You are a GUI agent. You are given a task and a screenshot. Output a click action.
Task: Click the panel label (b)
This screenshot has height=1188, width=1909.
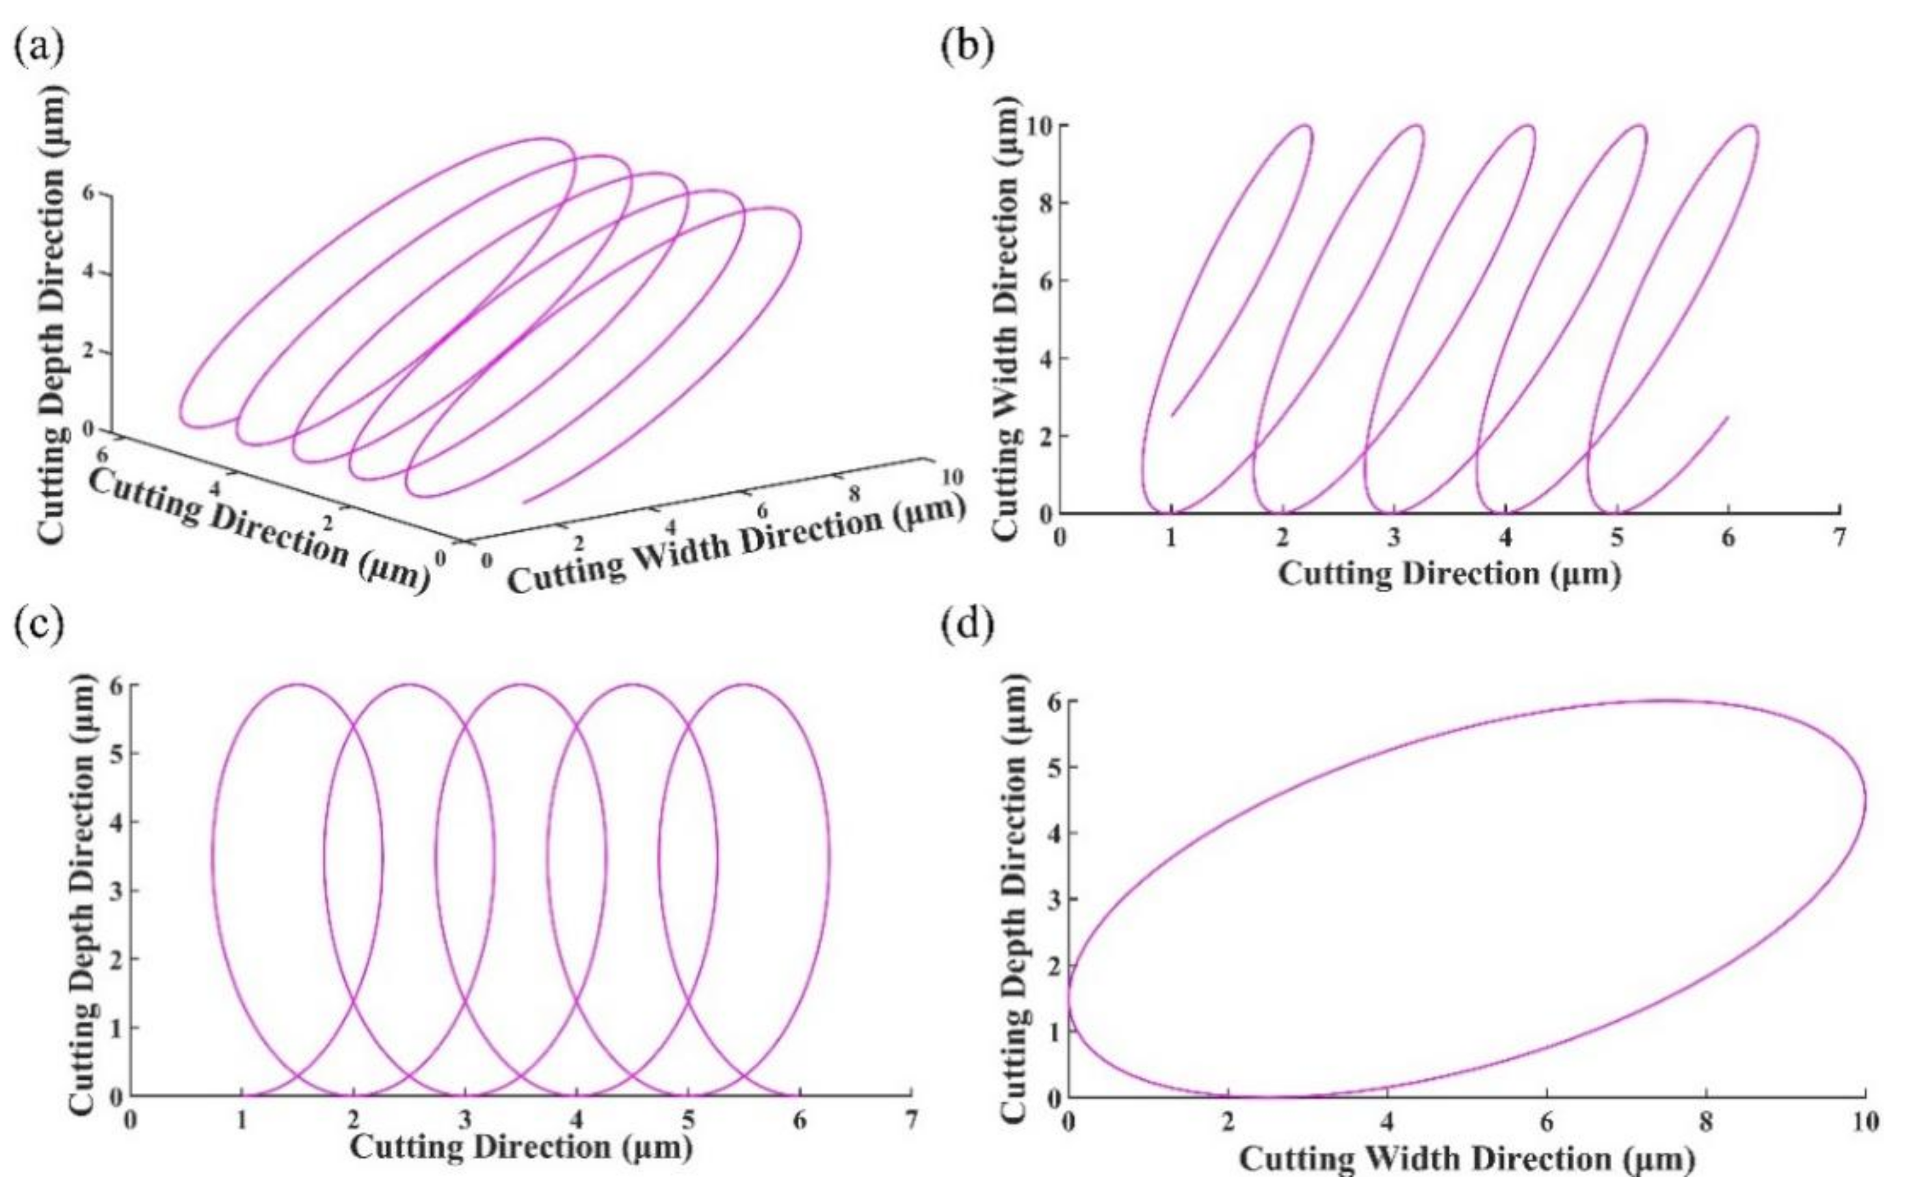(967, 49)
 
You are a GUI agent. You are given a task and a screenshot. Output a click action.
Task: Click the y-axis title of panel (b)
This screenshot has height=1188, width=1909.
(1008, 318)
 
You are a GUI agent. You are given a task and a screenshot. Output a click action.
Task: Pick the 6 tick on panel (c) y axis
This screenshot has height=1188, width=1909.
(116, 685)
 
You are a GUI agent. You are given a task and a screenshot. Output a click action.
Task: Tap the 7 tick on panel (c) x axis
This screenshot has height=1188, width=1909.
(912, 1120)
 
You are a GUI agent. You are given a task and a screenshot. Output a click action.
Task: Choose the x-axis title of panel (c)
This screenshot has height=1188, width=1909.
(521, 1148)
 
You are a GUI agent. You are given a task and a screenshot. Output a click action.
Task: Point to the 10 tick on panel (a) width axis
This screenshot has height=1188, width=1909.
(951, 477)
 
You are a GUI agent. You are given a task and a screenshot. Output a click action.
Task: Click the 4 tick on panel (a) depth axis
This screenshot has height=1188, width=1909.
(86, 274)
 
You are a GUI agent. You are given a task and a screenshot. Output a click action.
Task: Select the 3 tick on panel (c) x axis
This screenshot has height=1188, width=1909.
(466, 1120)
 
